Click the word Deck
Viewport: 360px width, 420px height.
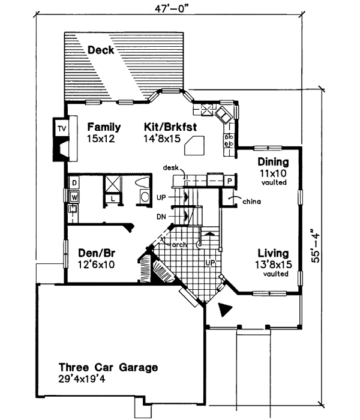point(101,50)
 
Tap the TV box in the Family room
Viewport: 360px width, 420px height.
point(61,128)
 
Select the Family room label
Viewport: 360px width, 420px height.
point(104,127)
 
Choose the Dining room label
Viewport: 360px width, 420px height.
point(273,162)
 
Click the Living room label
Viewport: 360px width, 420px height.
point(273,253)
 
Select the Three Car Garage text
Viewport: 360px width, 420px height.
point(108,367)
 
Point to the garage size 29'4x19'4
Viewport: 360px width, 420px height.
point(91,379)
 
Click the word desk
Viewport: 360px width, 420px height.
point(170,169)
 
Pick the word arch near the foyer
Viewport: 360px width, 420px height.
point(179,245)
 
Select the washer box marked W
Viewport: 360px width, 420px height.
point(74,196)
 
